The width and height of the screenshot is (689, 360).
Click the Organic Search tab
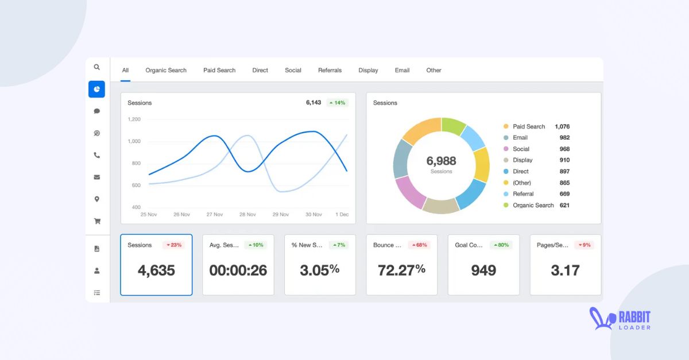[166, 70]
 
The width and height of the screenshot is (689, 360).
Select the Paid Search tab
[219, 70]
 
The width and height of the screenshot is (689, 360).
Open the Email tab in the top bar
[402, 70]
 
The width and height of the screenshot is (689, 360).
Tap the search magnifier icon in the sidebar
[96, 67]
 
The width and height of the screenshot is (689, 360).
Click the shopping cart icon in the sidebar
[96, 221]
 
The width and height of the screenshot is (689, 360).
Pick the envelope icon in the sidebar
[96, 177]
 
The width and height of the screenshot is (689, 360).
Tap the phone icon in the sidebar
[96, 155]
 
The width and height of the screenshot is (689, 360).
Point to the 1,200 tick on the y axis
[134, 119]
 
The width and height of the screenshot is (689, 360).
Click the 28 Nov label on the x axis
[247, 214]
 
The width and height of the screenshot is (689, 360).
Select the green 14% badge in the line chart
[338, 103]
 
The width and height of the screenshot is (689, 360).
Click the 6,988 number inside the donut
[441, 161]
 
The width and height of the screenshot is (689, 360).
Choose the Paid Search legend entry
[529, 126]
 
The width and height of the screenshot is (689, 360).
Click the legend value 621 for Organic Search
[564, 205]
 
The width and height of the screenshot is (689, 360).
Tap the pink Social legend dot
[506, 149]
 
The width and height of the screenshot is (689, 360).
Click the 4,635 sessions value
[156, 270]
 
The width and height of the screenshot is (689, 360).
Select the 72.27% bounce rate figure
[401, 269]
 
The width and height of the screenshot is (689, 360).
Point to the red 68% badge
[419, 245]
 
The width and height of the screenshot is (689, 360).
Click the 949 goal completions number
[483, 270]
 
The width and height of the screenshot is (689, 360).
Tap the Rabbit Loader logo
[620, 320]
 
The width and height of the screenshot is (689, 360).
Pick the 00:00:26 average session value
[238, 270]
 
